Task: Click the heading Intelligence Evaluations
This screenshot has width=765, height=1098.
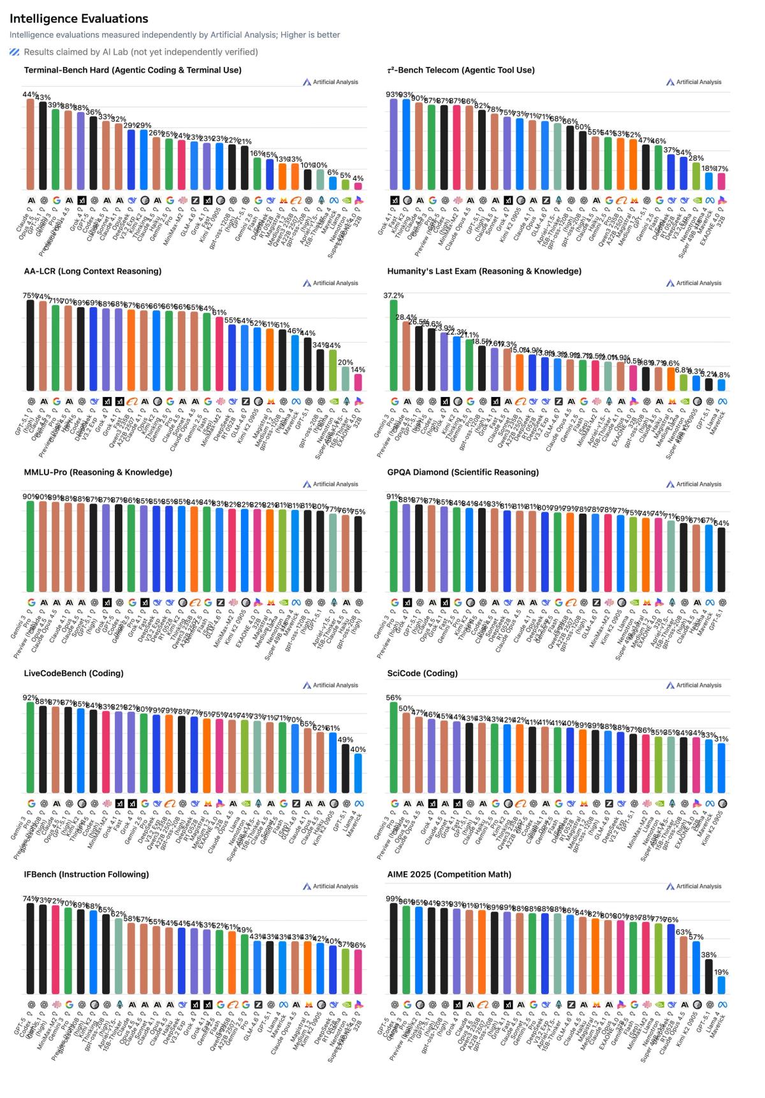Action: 79,18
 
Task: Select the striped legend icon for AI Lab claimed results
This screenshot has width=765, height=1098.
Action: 15,52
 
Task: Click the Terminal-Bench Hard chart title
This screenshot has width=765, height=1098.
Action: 133,70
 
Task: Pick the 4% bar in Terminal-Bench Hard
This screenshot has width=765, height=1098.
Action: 358,186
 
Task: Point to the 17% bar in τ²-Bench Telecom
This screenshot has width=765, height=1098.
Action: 721,182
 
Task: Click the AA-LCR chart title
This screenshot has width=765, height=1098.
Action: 92,271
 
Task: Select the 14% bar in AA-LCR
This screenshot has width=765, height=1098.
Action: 358,382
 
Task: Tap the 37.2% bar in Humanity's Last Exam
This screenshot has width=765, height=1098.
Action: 393,345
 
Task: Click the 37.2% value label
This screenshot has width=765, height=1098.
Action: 393,296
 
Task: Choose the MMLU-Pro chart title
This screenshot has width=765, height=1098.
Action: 98,472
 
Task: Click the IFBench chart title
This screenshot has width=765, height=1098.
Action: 87,874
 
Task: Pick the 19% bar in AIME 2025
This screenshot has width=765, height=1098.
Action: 721,985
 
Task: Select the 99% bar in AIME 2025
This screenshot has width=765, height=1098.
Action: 393,948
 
